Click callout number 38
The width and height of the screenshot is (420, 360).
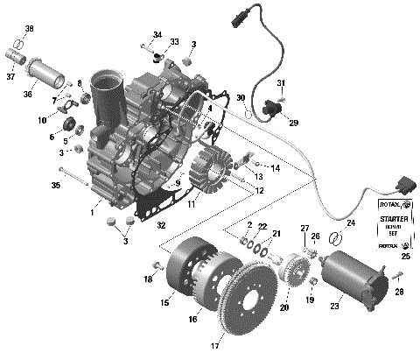29,29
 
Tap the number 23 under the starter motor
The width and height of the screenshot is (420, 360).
335,307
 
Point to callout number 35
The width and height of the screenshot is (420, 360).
55,186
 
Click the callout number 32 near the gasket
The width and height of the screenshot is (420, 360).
160,225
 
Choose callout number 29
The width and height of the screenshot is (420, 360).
292,123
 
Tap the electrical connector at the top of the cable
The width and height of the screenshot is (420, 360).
241,17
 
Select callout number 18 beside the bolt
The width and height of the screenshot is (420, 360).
148,279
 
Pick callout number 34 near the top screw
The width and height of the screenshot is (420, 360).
157,35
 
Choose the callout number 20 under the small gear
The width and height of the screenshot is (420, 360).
283,307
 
